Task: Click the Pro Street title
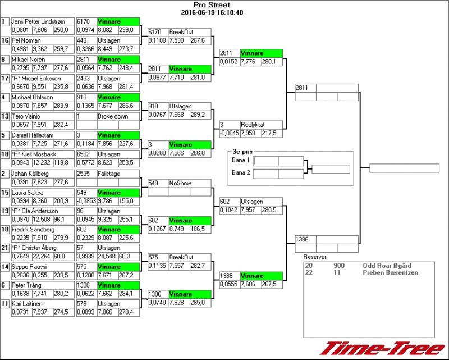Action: (x=217, y=4)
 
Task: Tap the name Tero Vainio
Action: (x=26, y=116)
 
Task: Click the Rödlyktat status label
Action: (x=254, y=125)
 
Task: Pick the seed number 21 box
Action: (x=5, y=248)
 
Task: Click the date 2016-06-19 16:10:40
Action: (x=216, y=12)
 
